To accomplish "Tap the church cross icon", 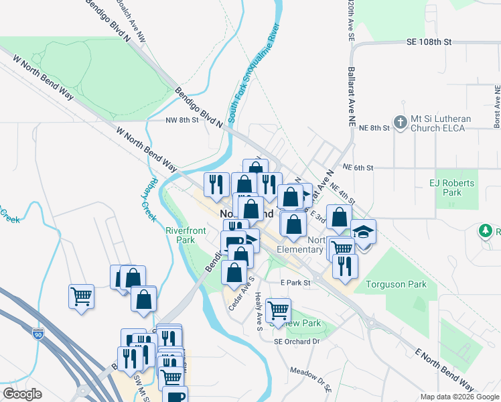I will point(401,123).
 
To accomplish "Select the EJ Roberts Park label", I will point(451,188).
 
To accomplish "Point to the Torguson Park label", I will point(396,284).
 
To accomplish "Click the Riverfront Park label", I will point(180,235).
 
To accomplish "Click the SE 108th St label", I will point(429,42).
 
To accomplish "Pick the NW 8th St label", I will point(182,121).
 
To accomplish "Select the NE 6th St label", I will point(357,167).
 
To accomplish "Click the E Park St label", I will point(296,283).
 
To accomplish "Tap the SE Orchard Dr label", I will point(297,341).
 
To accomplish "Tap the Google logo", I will point(22,394).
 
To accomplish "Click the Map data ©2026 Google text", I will point(459,397).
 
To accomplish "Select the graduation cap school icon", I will point(364,232).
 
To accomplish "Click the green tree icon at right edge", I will point(486,232).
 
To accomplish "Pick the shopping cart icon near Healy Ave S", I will point(278,310).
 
